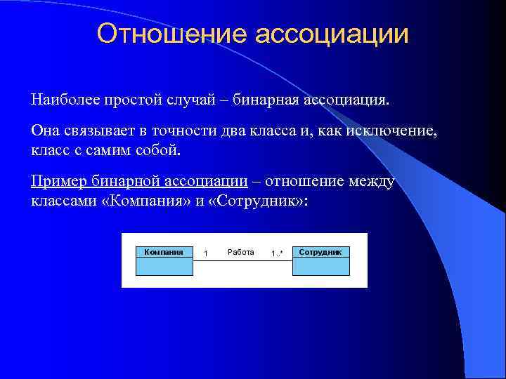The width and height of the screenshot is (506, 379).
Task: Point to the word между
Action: click(x=370, y=182)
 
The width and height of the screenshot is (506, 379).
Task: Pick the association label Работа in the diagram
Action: click(x=241, y=252)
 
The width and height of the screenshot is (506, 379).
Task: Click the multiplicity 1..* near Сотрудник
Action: click(x=277, y=253)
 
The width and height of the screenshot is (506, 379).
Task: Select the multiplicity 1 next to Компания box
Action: click(x=205, y=253)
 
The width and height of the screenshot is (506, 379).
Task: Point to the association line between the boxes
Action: click(x=242, y=261)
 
